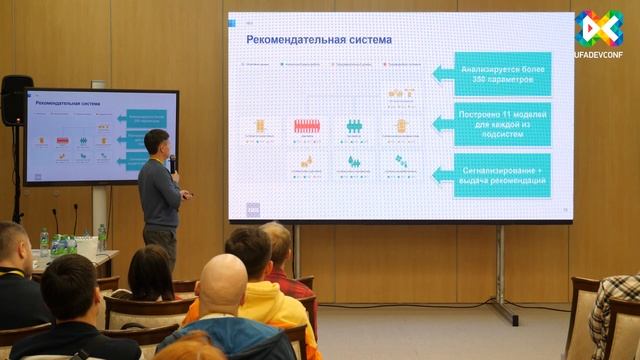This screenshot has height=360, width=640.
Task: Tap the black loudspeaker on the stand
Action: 16,101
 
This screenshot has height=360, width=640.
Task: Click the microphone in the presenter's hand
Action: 172,163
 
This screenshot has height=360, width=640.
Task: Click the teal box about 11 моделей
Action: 501,123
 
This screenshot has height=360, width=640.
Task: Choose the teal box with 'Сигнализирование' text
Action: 501,174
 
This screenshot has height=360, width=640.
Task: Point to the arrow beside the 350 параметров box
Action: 442,73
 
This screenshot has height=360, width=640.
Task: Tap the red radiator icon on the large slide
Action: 306,126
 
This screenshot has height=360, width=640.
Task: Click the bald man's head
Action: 222,284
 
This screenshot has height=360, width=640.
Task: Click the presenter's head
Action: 156,143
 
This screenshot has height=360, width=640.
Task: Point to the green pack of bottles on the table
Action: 63,244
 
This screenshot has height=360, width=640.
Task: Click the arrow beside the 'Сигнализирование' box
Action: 442,174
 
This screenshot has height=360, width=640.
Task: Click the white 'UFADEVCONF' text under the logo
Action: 599,57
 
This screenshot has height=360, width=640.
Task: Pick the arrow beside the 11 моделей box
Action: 442,123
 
